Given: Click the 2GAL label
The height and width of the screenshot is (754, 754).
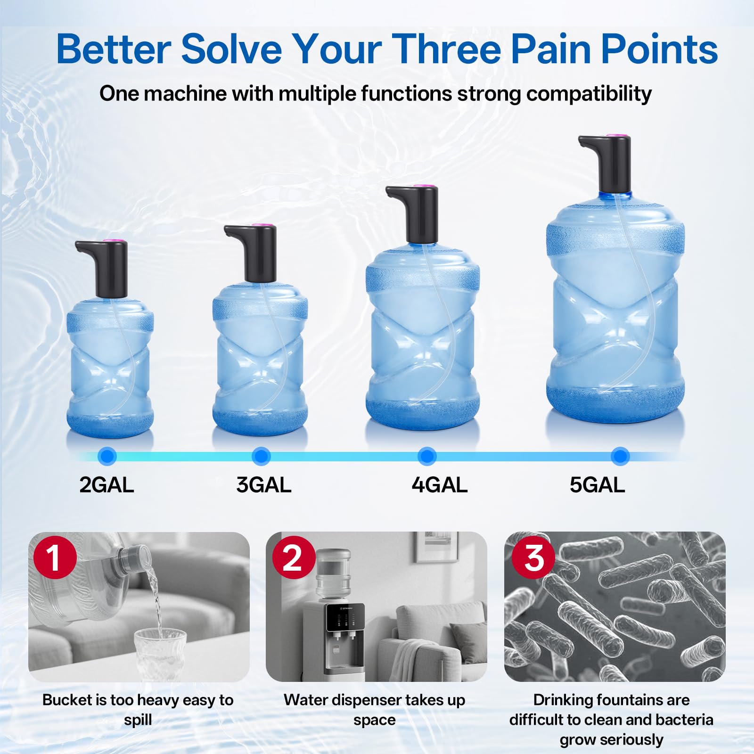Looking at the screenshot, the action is point(107,485).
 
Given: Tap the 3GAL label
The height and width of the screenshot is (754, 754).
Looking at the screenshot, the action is point(264,485).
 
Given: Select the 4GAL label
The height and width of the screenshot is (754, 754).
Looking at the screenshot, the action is point(439,485).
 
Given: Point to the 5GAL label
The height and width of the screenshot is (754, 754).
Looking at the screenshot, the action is point(597,485).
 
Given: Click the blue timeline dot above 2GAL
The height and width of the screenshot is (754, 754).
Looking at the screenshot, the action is point(107,456).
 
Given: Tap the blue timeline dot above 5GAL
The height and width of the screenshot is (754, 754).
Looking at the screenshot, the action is point(620,456).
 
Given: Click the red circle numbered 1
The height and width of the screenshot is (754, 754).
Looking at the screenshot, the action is point(55,557).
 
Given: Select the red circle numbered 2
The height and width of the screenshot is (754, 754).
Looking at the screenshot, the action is point(294,557).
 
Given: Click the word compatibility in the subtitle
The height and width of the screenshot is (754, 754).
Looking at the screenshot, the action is point(589,94).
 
